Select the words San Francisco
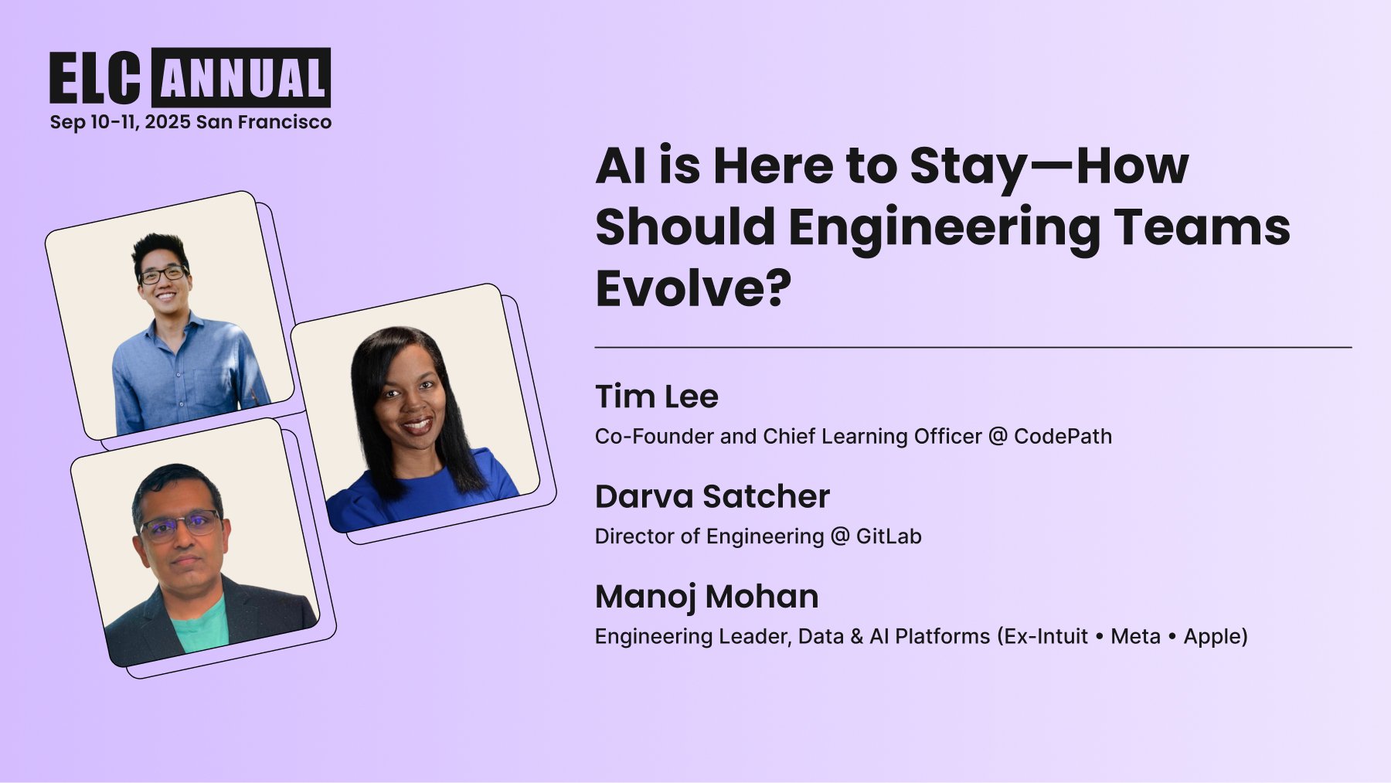(264, 122)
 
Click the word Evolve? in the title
(694, 288)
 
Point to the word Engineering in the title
(944, 228)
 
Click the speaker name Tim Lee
(657, 397)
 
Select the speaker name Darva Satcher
(713, 496)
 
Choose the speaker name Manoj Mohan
(707, 597)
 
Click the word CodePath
(1063, 437)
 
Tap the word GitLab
(889, 536)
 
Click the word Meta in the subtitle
(1135, 636)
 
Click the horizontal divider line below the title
(973, 348)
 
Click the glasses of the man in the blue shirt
(163, 274)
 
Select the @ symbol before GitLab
(840, 536)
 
